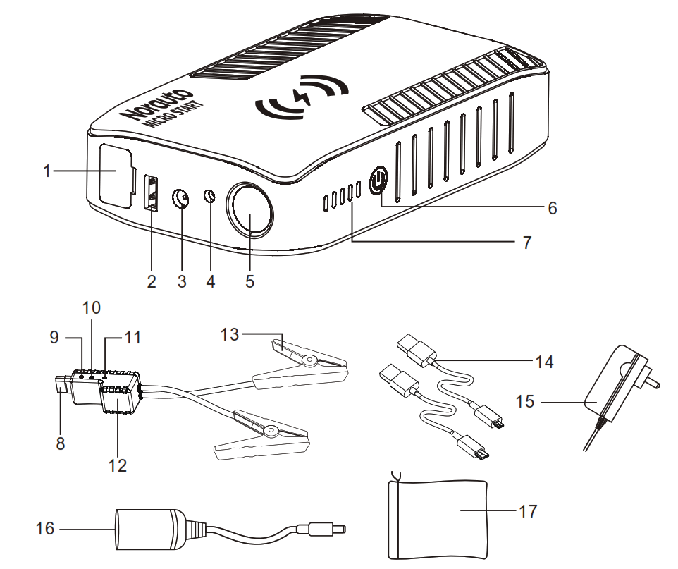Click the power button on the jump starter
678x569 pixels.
[378, 181]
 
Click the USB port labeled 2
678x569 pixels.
[150, 192]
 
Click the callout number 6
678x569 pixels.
[551, 208]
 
